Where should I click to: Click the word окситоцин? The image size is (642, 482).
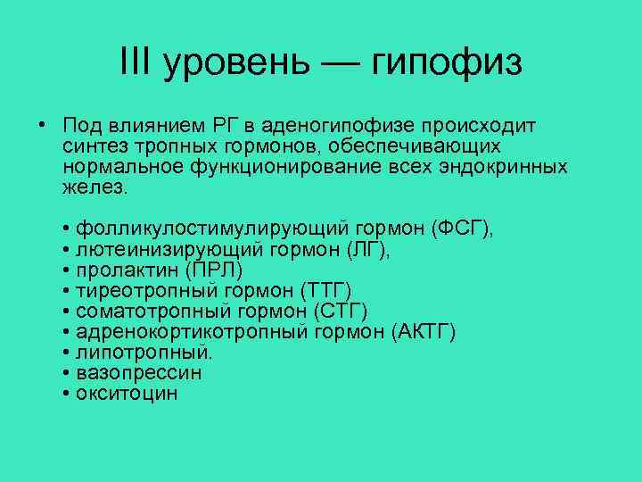[x=127, y=393]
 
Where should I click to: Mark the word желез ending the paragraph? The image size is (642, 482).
[x=95, y=187]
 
